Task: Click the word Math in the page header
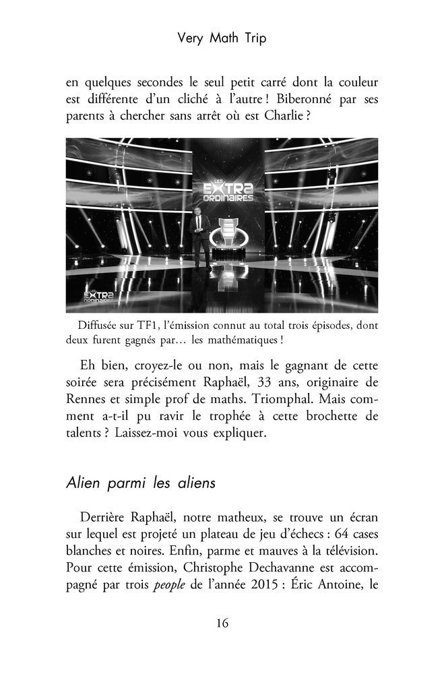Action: click(222, 38)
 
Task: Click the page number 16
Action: click(222, 623)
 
